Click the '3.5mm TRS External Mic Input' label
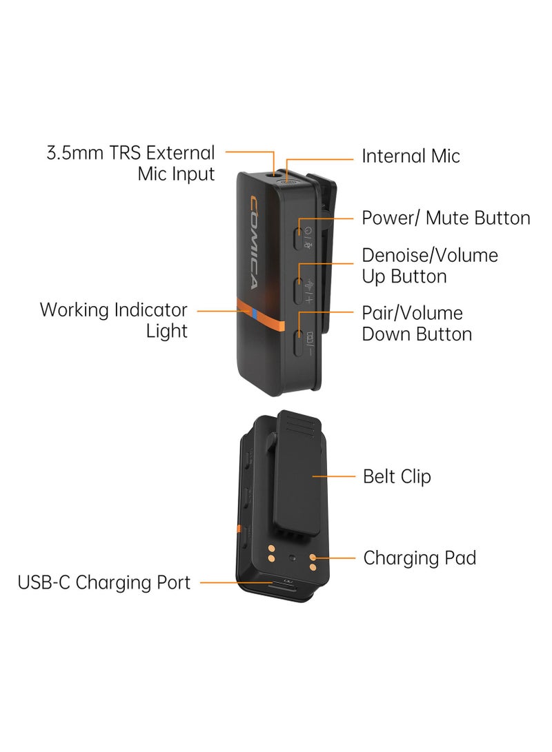tap(130, 163)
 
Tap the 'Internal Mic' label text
tap(411, 156)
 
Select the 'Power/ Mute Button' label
tap(446, 219)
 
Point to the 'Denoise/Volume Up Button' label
tap(429, 266)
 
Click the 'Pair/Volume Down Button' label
tap(417, 324)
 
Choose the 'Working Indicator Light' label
tap(114, 320)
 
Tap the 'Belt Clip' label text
tap(397, 476)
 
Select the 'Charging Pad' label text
tap(420, 558)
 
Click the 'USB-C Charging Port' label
tap(104, 582)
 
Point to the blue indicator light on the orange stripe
tap(254, 315)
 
